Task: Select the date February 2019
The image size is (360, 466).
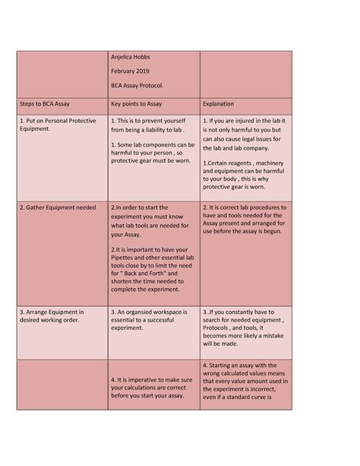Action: (x=131, y=71)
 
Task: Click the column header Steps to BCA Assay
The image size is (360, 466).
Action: (x=47, y=103)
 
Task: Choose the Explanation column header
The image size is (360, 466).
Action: (x=219, y=103)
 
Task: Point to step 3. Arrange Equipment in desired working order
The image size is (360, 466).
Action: (x=52, y=316)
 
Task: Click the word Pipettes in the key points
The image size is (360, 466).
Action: (x=126, y=258)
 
